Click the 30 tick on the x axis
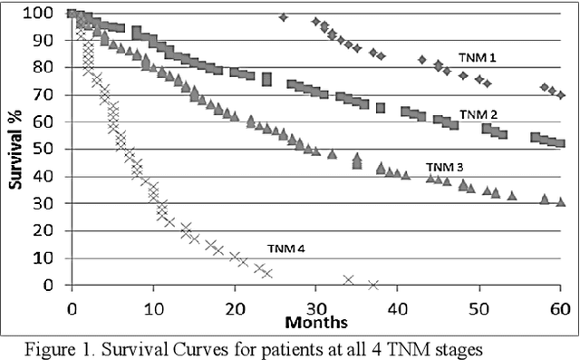[x=316, y=307]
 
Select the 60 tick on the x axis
[x=560, y=307]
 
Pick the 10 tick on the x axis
[x=153, y=307]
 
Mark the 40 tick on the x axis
[x=398, y=307]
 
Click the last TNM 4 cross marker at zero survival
[x=372, y=285]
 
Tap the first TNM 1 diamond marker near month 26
[x=284, y=17]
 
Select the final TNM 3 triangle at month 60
[x=561, y=201]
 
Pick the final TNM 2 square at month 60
[x=560, y=142]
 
